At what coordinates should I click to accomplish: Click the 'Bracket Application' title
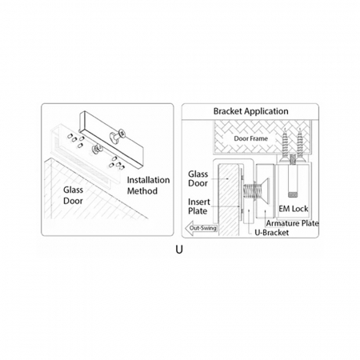[250, 111]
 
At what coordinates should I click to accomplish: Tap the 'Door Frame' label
[250, 138]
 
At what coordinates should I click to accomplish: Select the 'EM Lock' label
[294, 209]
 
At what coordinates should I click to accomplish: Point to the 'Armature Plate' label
[292, 223]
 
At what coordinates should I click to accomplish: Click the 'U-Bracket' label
[272, 233]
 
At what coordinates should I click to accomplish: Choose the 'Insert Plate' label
[199, 206]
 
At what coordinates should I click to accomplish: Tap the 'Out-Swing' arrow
[201, 228]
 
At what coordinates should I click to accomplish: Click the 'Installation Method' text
[148, 186]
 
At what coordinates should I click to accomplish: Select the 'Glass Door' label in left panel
[73, 195]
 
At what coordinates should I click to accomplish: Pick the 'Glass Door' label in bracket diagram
[198, 178]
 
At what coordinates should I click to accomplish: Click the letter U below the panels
[179, 250]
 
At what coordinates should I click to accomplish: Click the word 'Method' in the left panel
[142, 191]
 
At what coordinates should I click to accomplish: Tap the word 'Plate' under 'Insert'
[198, 211]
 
